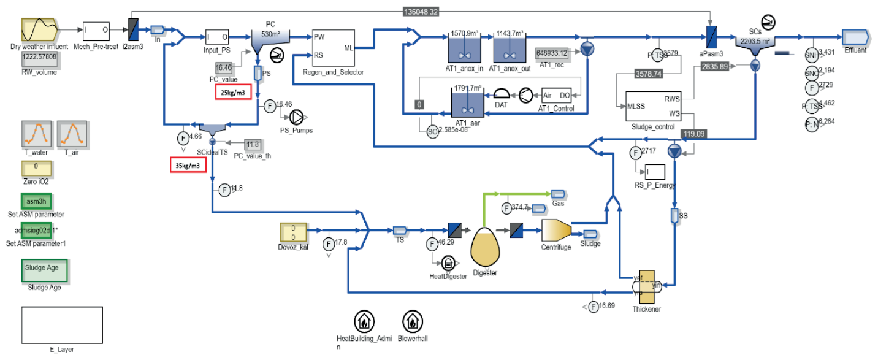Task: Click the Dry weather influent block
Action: pos(39,30)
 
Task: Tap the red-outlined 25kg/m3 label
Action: pos(233,93)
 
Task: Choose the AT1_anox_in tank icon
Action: pos(464,46)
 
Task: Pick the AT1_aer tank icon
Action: pos(467,104)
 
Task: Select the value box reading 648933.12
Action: pos(551,53)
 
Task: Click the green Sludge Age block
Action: pos(45,271)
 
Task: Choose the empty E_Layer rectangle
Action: pos(62,325)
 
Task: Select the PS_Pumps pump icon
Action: pos(297,117)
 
